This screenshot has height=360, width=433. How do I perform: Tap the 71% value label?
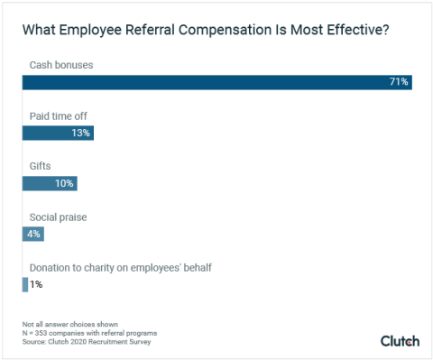pyautogui.click(x=399, y=82)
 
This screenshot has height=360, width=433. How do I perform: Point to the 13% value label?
pyautogui.click(x=81, y=133)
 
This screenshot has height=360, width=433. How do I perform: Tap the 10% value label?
pyautogui.click(x=65, y=183)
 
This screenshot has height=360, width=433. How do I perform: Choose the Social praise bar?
pyautogui.click(x=32, y=234)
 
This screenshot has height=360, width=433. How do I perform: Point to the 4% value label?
pyautogui.click(x=32, y=234)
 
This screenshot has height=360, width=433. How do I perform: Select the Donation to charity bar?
pyautogui.click(x=25, y=284)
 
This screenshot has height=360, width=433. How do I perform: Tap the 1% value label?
pyautogui.click(x=36, y=284)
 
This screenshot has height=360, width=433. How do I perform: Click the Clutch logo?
pyautogui.click(x=400, y=340)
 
